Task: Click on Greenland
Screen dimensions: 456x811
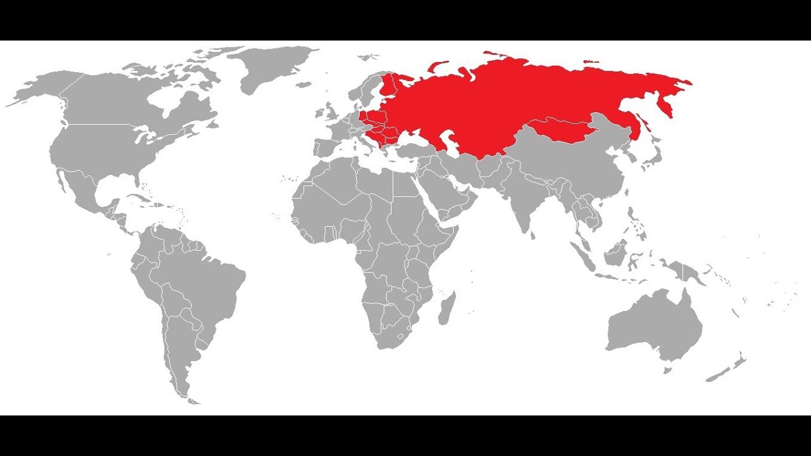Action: (x=269, y=66)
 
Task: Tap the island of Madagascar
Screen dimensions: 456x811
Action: (x=446, y=308)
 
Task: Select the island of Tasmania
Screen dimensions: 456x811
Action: (x=667, y=368)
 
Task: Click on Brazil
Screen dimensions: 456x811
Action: (x=203, y=279)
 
